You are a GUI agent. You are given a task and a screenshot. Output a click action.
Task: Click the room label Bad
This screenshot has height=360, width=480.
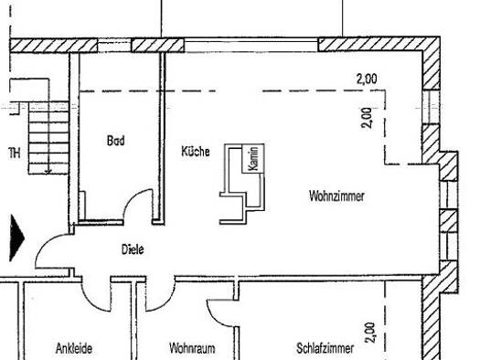116,141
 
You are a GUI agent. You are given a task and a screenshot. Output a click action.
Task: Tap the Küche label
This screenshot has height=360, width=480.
196,152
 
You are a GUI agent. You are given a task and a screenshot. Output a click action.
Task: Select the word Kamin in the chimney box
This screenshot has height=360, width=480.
253,158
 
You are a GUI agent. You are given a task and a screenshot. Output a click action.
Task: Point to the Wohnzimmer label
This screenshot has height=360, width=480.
336,196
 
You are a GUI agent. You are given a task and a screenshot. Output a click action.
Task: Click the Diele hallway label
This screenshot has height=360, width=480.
133,249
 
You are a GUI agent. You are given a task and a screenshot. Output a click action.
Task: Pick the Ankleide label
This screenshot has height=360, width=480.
74,348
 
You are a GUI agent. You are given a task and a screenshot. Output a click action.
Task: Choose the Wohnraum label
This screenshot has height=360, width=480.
192,348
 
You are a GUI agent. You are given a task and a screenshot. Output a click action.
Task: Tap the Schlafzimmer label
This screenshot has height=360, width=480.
325,348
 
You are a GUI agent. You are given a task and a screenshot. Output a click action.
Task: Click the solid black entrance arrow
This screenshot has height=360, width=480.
16,238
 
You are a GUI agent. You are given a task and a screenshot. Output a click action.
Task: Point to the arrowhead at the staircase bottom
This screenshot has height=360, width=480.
48,171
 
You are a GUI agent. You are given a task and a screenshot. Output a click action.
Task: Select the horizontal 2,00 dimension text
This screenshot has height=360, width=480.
367,79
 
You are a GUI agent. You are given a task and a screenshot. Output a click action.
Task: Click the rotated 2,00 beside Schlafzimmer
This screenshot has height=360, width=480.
370,333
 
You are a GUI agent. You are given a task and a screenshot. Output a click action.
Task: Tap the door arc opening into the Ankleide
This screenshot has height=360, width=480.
91,302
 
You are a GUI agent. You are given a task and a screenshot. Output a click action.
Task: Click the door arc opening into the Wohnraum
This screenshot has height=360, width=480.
165,302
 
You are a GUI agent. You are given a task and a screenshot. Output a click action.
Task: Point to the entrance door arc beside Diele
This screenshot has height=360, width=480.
46,244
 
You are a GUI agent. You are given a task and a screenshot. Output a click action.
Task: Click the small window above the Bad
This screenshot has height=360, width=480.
114,46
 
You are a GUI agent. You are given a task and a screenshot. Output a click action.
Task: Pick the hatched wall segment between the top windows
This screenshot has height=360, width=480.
158,46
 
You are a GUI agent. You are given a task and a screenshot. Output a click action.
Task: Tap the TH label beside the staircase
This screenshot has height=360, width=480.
15,153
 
